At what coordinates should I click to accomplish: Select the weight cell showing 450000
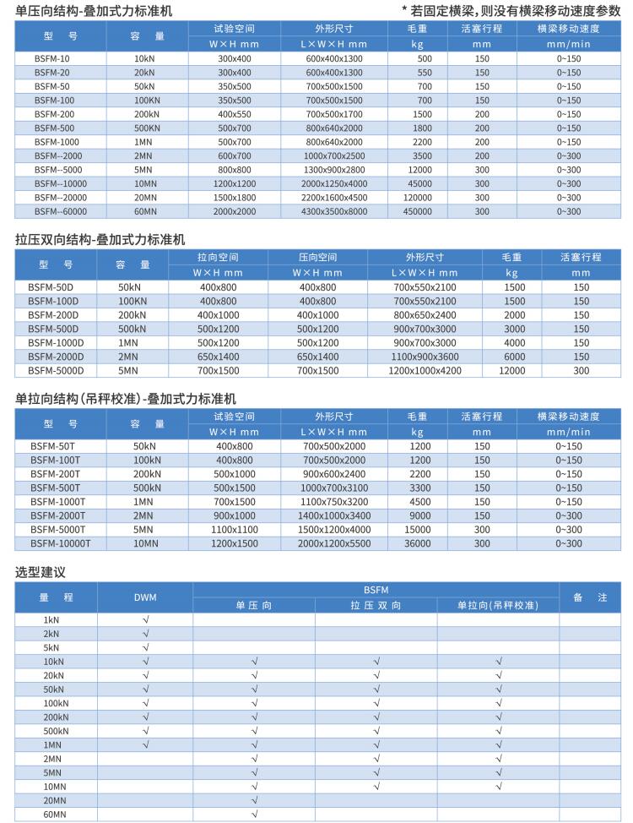[418, 210]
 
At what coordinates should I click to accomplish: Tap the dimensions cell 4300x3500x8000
[336, 210]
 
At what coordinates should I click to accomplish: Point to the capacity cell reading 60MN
[145, 210]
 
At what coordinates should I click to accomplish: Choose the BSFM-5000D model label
[56, 370]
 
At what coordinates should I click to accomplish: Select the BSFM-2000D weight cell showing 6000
[514, 357]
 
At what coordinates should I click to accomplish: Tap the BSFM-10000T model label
[60, 543]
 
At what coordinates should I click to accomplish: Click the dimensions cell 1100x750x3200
[336, 502]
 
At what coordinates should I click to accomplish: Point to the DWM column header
[145, 597]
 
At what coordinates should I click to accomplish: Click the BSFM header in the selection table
[376, 590]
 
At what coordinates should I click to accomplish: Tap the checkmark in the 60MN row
[254, 814]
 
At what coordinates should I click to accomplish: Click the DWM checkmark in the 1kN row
[145, 619]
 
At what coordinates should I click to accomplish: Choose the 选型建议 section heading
[41, 572]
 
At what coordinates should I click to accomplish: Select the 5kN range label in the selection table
[53, 647]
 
